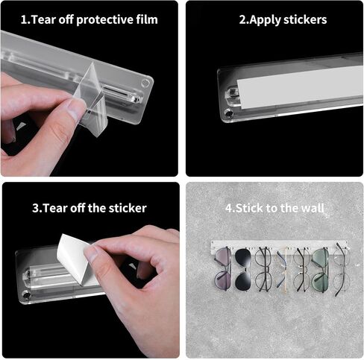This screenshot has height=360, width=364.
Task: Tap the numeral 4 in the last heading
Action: point(228,208)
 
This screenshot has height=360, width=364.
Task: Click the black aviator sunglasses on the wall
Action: point(243,269)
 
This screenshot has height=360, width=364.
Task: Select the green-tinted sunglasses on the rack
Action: point(320,271)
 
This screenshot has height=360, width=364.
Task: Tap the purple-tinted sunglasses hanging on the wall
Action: point(223,268)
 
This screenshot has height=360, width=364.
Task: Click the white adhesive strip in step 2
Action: point(301,88)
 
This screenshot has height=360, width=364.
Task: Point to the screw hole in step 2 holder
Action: point(228,113)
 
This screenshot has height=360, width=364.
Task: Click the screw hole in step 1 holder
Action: point(145,83)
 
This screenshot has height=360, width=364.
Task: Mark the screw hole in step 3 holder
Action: point(26,295)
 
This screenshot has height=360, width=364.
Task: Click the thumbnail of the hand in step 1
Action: point(75,110)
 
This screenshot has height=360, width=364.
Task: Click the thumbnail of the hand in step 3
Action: point(91,253)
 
